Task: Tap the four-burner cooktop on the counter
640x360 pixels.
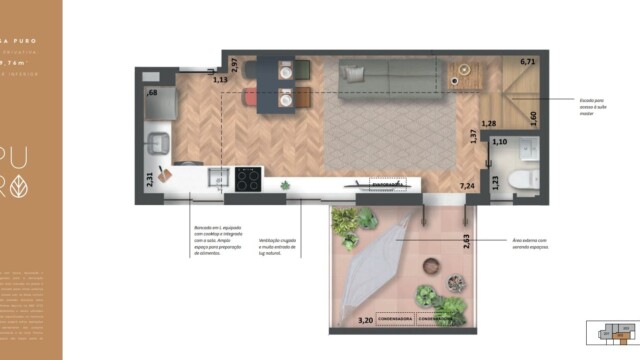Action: coord(248,180)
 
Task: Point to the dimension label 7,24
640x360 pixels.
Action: coord(466,187)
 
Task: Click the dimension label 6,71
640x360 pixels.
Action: coord(529,62)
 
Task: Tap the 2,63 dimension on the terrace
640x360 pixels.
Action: coord(466,239)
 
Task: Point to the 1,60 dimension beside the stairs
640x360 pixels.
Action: coord(532,116)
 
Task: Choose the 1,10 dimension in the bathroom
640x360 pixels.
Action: coord(501,143)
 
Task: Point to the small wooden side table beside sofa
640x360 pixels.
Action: coord(463,73)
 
